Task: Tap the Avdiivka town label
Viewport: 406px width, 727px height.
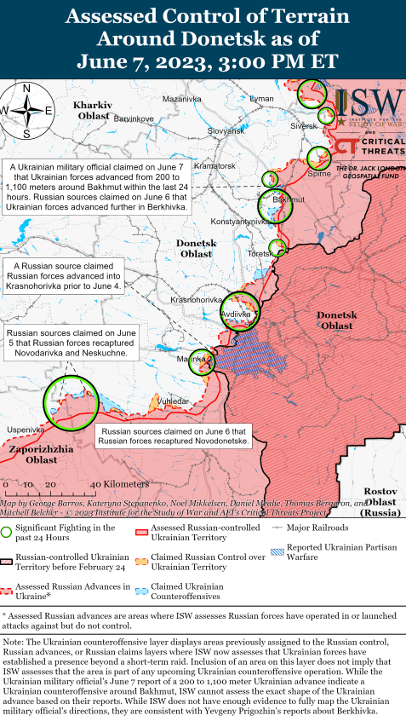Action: [236, 314]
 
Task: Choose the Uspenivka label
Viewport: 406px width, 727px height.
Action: [23, 429]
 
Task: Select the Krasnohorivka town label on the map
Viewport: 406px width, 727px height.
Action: [197, 300]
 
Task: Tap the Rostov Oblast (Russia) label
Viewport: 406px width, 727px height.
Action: [380, 503]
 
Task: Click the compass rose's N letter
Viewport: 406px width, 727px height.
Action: [26, 88]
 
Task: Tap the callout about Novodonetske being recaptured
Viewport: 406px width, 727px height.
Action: [173, 436]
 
